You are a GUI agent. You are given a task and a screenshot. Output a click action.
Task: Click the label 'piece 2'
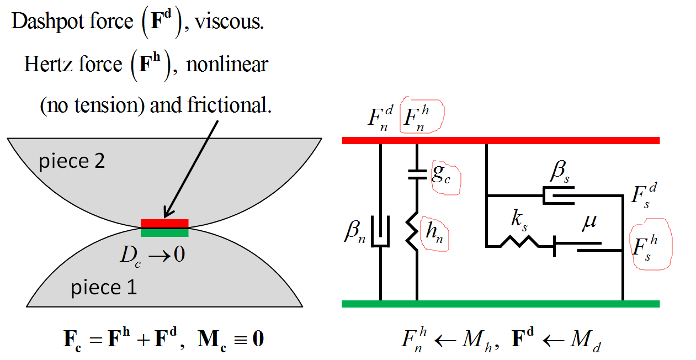(71, 161)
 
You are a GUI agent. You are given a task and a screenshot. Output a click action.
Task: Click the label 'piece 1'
(103, 287)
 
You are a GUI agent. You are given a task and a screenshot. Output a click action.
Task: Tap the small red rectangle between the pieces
(164, 223)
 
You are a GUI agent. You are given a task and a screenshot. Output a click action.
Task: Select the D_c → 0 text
(152, 255)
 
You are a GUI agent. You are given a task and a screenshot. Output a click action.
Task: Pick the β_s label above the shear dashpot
(559, 173)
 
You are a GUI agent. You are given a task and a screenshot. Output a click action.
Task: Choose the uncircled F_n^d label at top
(381, 118)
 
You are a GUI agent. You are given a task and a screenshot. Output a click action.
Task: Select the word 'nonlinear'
(227, 65)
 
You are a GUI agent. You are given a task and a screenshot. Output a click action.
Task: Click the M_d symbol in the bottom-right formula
(586, 341)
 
